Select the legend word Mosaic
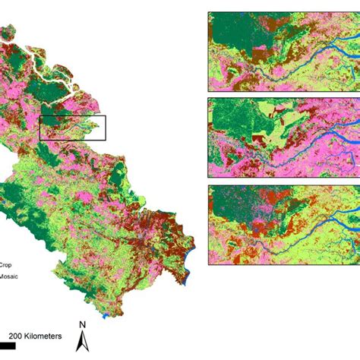pyautogui.click(x=9, y=277)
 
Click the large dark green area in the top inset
pyautogui.click(x=235, y=30)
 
